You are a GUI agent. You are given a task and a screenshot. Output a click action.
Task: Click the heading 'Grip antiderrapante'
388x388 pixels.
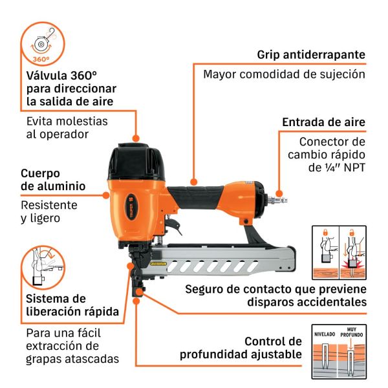pos(311,55)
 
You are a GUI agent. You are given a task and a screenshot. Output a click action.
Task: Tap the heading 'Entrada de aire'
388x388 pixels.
pos(324,122)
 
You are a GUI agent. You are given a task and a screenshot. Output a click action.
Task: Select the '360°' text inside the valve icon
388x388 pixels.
pos(41,59)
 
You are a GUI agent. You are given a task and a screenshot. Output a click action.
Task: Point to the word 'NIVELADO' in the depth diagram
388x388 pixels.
pos(325,334)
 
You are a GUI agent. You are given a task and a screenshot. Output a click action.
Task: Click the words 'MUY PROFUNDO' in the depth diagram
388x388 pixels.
pos(351,332)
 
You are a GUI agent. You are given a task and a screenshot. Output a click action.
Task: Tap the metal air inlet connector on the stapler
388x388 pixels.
pos(277,199)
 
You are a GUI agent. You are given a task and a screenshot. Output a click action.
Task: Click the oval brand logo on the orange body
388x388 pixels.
pos(132,207)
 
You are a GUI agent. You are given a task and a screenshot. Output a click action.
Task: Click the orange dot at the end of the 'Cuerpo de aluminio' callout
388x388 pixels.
pos(106,195)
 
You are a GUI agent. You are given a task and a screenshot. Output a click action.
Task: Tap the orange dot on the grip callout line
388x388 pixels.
pos(194,182)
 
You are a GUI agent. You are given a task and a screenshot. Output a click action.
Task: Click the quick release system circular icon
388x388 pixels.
pos(43,267)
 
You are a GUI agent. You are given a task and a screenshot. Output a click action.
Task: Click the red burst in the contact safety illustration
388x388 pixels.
pos(352,265)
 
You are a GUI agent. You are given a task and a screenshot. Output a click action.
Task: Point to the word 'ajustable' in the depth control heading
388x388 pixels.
pos(276,354)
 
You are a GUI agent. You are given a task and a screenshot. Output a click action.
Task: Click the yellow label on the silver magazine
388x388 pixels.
pos(158,264)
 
